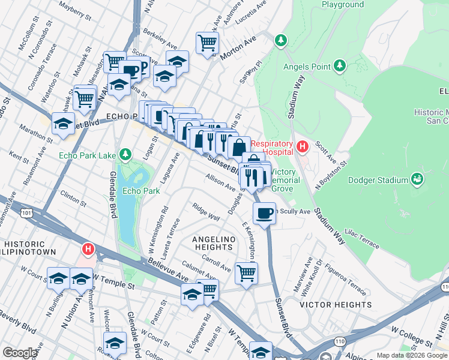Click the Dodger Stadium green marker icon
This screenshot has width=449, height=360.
click(x=417, y=179)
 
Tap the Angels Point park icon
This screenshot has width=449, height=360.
click(x=339, y=64)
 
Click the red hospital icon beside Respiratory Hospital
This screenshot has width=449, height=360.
click(x=303, y=145)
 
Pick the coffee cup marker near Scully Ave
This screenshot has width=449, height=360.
click(x=264, y=213)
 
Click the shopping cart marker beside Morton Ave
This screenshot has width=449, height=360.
click(x=207, y=43)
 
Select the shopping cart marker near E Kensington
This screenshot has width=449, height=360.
click(x=246, y=272)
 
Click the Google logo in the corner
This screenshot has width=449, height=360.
click(x=20, y=353)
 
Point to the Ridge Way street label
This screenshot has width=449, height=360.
click(x=205, y=214)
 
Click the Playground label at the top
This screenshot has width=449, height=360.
click(x=342, y=4)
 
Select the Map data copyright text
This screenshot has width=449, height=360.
click(x=412, y=355)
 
